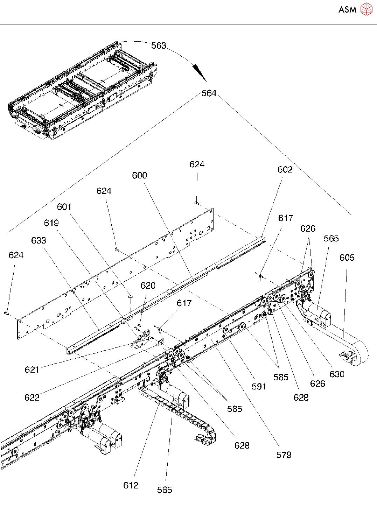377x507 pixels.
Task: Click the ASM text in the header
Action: coord(347,9)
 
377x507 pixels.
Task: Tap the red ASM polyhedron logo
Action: coord(366,9)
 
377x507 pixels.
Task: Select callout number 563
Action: coord(159,45)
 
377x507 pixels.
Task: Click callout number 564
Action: coord(209,93)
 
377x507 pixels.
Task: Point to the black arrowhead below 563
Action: coord(200,73)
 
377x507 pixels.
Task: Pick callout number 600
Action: coord(140,175)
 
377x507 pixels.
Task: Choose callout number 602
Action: coord(285,169)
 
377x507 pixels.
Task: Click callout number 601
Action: coord(64,207)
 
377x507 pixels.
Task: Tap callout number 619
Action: coord(51,223)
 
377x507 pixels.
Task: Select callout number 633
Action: coord(39,240)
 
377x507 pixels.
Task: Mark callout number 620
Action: coord(148,286)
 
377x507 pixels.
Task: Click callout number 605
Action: coord(347,258)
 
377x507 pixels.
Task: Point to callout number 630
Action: coord(337,374)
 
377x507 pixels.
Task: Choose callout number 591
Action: coord(259,387)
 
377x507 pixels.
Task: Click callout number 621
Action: coord(32,369)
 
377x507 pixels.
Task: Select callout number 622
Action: coord(32,397)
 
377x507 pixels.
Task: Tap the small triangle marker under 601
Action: coord(131,296)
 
